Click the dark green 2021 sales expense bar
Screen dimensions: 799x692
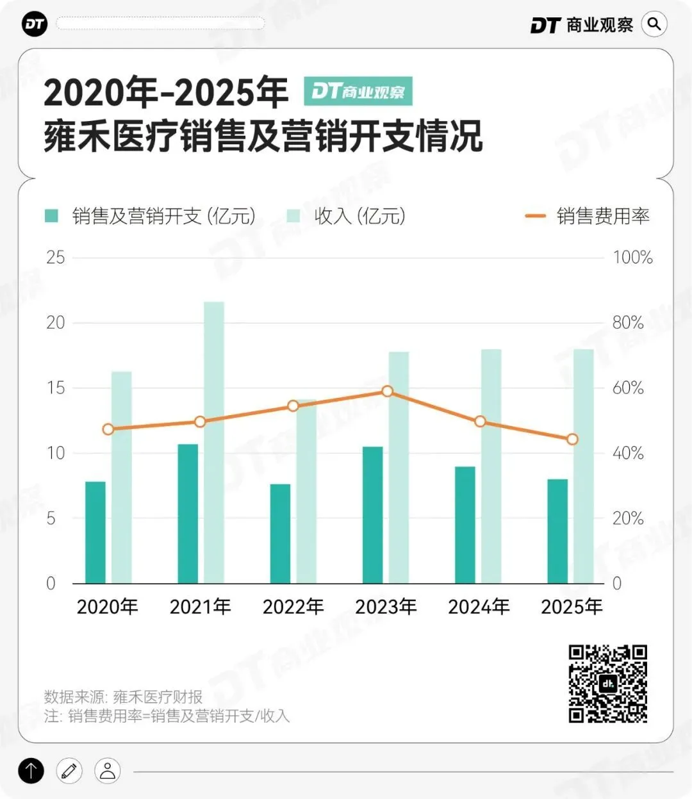[188, 513]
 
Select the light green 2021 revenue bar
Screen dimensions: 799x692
[214, 442]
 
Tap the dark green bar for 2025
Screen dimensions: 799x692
[557, 531]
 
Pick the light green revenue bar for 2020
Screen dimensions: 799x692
[122, 477]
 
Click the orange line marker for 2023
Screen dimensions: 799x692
[387, 391]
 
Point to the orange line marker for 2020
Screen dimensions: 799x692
[108, 429]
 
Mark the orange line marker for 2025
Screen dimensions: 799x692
[572, 440]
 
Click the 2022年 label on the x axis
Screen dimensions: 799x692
[293, 606]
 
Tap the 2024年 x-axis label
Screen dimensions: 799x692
[479, 606]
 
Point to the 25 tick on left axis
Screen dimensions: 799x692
[56, 258]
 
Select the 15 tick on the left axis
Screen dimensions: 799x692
[56, 388]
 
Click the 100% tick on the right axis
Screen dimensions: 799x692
[632, 258]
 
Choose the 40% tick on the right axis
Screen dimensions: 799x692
[628, 453]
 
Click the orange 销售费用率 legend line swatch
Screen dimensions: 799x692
[535, 216]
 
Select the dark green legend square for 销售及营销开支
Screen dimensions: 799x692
[51, 216]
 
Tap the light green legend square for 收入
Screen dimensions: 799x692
[293, 216]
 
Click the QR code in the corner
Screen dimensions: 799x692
[607, 684]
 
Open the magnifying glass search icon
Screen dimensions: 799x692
[654, 24]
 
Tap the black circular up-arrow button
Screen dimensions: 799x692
[31, 770]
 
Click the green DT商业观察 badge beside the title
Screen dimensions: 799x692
[358, 91]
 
